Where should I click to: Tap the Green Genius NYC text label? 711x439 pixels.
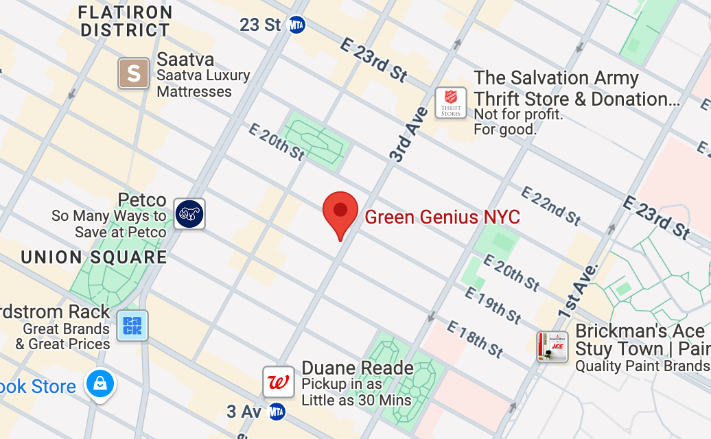(442, 217)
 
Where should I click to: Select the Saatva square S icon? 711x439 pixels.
(134, 73)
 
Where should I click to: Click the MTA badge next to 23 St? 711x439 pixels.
(296, 25)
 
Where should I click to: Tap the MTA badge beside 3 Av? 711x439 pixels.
(277, 412)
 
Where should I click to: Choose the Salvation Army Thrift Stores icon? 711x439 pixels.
(451, 103)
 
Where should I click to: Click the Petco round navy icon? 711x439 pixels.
(189, 213)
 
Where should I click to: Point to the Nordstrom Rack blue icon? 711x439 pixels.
(132, 326)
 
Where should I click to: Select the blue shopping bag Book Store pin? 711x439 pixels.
(100, 383)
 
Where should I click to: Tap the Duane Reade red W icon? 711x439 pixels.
(279, 382)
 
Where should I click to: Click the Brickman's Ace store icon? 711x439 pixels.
(552, 347)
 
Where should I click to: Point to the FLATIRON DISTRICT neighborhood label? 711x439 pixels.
(125, 21)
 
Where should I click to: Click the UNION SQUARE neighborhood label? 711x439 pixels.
(94, 257)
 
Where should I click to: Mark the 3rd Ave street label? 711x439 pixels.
(409, 134)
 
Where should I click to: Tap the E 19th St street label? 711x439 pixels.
(493, 305)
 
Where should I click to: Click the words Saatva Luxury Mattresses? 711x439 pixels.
(203, 84)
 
